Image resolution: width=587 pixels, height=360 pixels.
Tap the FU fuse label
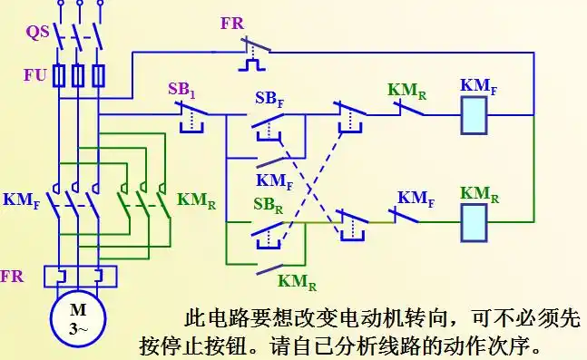[x=34, y=75]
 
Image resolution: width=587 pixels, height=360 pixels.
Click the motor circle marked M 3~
[x=78, y=320]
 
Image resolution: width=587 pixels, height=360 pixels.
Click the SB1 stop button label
[x=182, y=90]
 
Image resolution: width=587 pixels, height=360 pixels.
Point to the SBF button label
[x=269, y=98]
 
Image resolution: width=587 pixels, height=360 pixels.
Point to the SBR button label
[x=269, y=203]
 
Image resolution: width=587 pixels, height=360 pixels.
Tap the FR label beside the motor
[x=13, y=273]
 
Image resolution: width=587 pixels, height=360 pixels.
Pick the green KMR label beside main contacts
[x=195, y=199]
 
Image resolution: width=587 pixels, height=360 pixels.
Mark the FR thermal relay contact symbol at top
[x=251, y=54]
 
